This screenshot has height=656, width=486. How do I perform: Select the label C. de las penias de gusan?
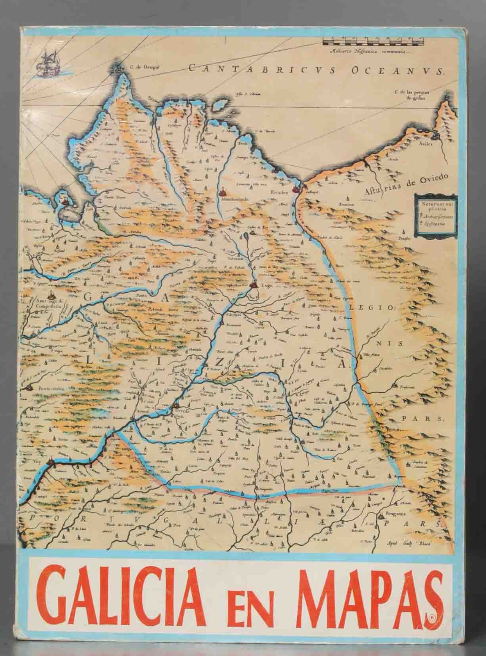pyautogui.click(x=411, y=95)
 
